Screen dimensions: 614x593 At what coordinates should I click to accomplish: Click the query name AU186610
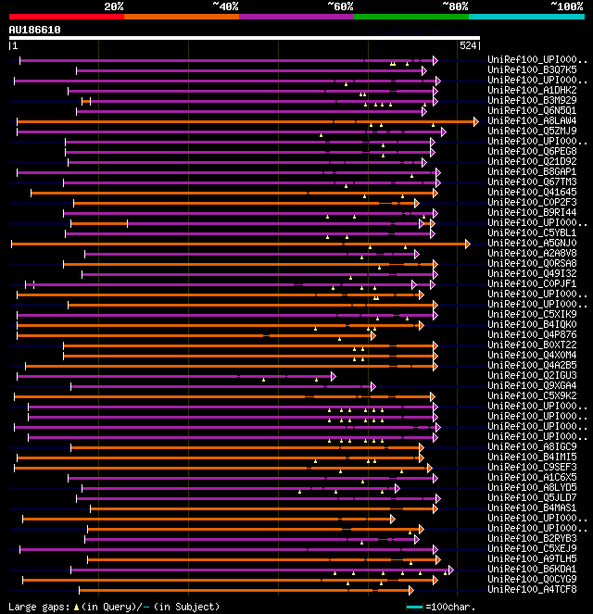(34, 30)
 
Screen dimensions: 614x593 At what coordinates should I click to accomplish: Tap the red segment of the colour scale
(66, 16)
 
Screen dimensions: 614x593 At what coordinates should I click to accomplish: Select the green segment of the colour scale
(410, 16)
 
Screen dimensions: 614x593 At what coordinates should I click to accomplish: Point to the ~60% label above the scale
(340, 6)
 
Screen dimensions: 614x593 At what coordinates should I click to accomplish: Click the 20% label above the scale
(114, 6)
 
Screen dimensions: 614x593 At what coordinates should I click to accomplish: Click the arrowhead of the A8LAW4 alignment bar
(476, 121)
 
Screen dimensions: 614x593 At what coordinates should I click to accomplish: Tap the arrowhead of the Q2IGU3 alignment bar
(333, 376)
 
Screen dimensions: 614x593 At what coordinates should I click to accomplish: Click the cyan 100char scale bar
(414, 607)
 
